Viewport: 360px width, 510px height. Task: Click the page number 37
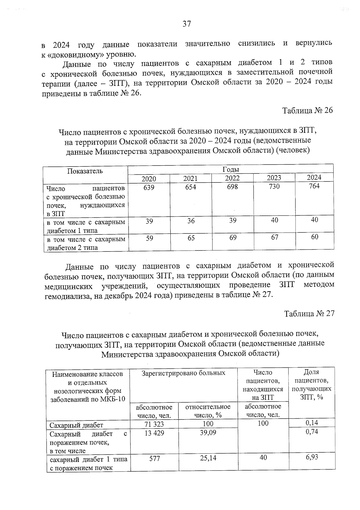click(187, 24)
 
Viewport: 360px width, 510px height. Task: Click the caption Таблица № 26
click(307, 111)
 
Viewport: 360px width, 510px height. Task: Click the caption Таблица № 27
click(309, 313)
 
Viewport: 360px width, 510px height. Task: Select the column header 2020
click(149, 179)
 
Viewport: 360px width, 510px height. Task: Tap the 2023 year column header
click(274, 178)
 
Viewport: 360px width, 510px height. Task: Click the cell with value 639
click(149, 187)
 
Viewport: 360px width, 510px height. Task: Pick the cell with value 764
click(314, 186)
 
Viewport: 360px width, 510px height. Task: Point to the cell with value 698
click(232, 187)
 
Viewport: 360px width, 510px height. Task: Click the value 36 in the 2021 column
click(191, 221)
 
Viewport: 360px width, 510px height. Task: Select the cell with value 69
click(233, 237)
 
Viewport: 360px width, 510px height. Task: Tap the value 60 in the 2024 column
click(314, 237)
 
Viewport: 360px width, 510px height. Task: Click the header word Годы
click(230, 169)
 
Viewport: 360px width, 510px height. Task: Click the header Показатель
click(85, 171)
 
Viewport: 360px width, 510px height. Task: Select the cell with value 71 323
click(154, 424)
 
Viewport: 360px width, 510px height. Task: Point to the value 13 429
click(154, 433)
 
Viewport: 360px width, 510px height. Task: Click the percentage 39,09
click(208, 433)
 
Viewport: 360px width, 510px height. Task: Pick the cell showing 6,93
click(312, 457)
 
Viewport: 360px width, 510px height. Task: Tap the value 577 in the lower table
click(154, 459)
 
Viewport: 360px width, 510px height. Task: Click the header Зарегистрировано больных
click(183, 373)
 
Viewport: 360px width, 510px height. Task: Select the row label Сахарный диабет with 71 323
click(76, 425)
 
